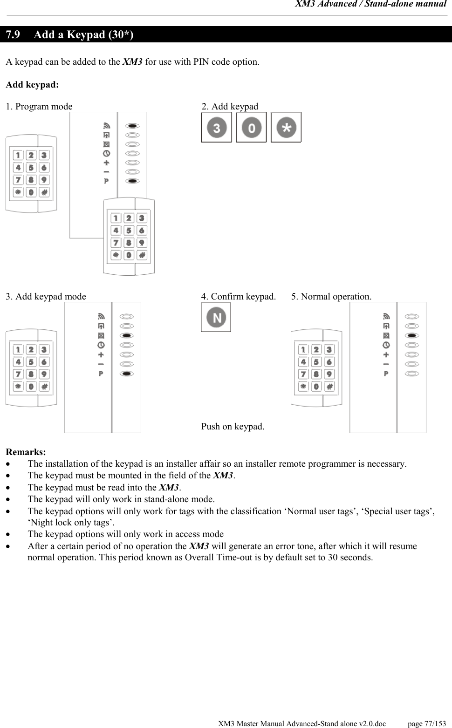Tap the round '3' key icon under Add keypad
tap(217, 127)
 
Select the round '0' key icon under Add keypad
tap(252, 127)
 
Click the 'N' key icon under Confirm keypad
tap(216, 317)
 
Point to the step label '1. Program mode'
tap(39, 107)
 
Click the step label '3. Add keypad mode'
tap(46, 297)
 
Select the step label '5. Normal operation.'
tap(331, 297)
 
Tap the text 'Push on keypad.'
tap(233, 427)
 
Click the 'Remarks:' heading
tap(26, 452)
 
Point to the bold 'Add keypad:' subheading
tap(32, 85)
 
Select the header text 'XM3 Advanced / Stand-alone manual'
tap(371, 4)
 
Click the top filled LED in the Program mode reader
tap(133, 126)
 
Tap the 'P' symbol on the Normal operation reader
tap(386, 374)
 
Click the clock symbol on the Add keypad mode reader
tap(101, 345)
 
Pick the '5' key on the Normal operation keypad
tap(316, 362)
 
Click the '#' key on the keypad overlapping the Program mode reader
tap(142, 255)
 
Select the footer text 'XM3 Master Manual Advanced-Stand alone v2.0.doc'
tap(302, 724)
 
